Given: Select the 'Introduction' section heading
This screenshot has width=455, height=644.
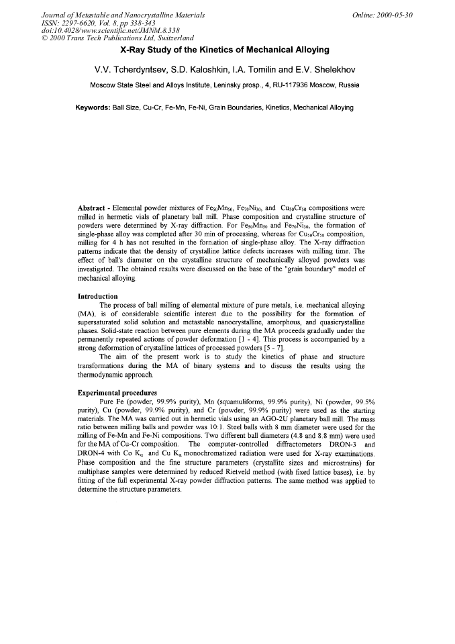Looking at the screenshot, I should (x=98, y=296).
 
